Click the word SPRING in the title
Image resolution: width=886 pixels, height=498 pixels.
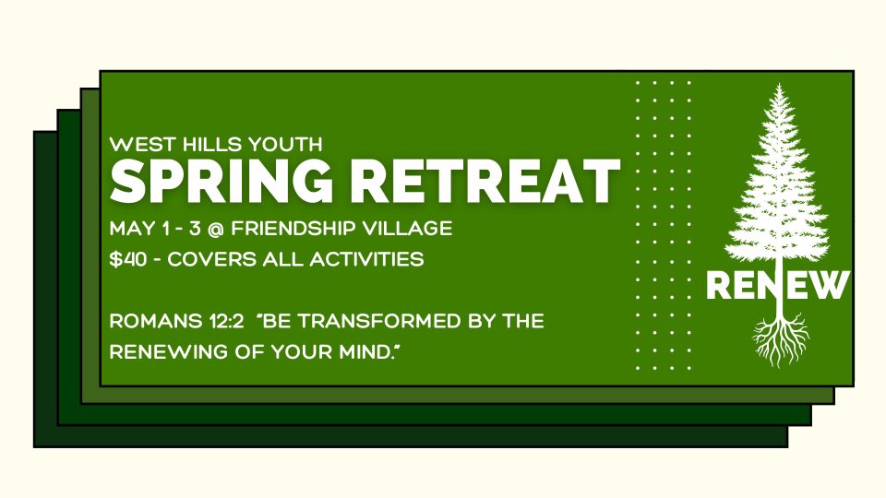click(x=221, y=181)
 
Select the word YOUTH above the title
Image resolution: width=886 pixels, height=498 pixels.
click(x=285, y=145)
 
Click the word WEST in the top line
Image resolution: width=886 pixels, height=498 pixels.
click(x=143, y=145)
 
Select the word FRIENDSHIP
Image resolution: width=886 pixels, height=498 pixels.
click(x=293, y=229)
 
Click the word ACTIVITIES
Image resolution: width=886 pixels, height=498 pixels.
click(x=366, y=259)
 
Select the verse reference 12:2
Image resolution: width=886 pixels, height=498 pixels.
click(x=224, y=321)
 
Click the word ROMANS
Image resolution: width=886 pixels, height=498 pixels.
click(x=155, y=321)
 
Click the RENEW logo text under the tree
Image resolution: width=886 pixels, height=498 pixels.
click(x=777, y=285)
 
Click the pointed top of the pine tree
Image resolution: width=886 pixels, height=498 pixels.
click(x=780, y=85)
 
